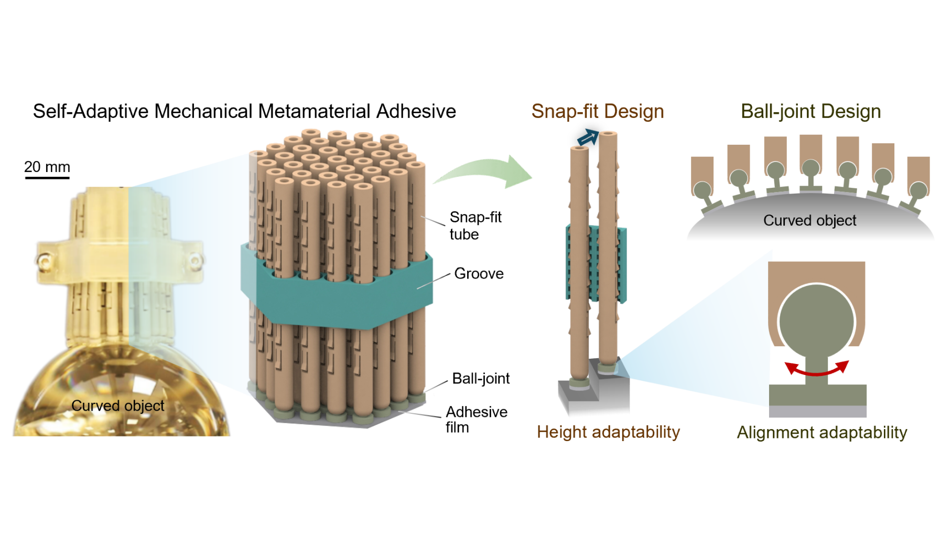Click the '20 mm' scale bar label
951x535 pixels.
click(47, 167)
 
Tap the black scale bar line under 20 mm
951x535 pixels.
click(47, 178)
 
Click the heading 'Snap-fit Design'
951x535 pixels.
click(598, 111)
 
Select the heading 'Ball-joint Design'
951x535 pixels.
click(810, 111)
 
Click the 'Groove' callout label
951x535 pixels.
click(479, 273)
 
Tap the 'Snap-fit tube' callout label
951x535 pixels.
click(475, 226)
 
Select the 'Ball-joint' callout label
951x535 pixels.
click(481, 379)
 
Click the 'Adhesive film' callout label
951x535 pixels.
click(477, 419)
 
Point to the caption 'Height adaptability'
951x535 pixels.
click(608, 432)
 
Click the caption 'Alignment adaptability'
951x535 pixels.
click(822, 433)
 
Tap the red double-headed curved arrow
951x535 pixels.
click(817, 373)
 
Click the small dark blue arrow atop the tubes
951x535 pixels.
click(588, 137)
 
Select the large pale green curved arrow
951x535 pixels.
click(482, 171)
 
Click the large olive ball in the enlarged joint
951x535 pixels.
click(817, 322)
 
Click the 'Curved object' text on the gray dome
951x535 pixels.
click(810, 220)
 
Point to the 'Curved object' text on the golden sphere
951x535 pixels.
click(118, 405)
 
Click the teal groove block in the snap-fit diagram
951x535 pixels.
click(597, 264)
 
